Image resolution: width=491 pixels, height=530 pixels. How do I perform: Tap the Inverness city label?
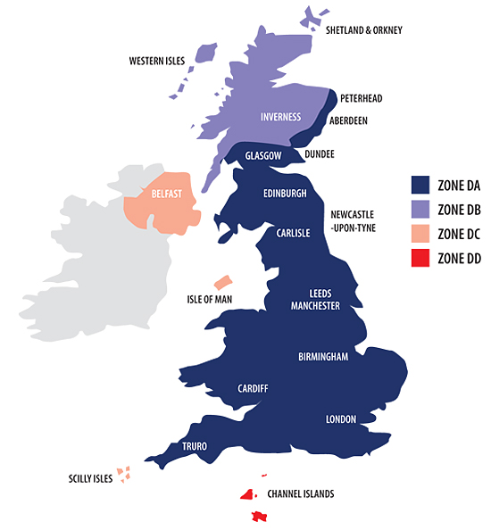click(281, 117)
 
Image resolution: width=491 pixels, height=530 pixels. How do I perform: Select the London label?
click(341, 418)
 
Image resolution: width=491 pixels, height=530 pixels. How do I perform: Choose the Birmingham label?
click(322, 357)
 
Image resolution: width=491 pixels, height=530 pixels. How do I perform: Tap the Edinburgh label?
click(285, 193)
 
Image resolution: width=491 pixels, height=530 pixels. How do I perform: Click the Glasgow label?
click(263, 155)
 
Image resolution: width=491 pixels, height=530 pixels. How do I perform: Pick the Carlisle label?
click(292, 233)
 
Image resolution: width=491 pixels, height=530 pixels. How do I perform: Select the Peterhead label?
click(362, 97)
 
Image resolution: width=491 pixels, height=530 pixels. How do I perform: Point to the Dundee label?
click(319, 153)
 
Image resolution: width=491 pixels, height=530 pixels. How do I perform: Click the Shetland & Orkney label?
click(363, 30)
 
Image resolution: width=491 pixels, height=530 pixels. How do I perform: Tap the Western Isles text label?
click(157, 62)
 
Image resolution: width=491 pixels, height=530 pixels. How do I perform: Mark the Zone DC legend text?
click(460, 234)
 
